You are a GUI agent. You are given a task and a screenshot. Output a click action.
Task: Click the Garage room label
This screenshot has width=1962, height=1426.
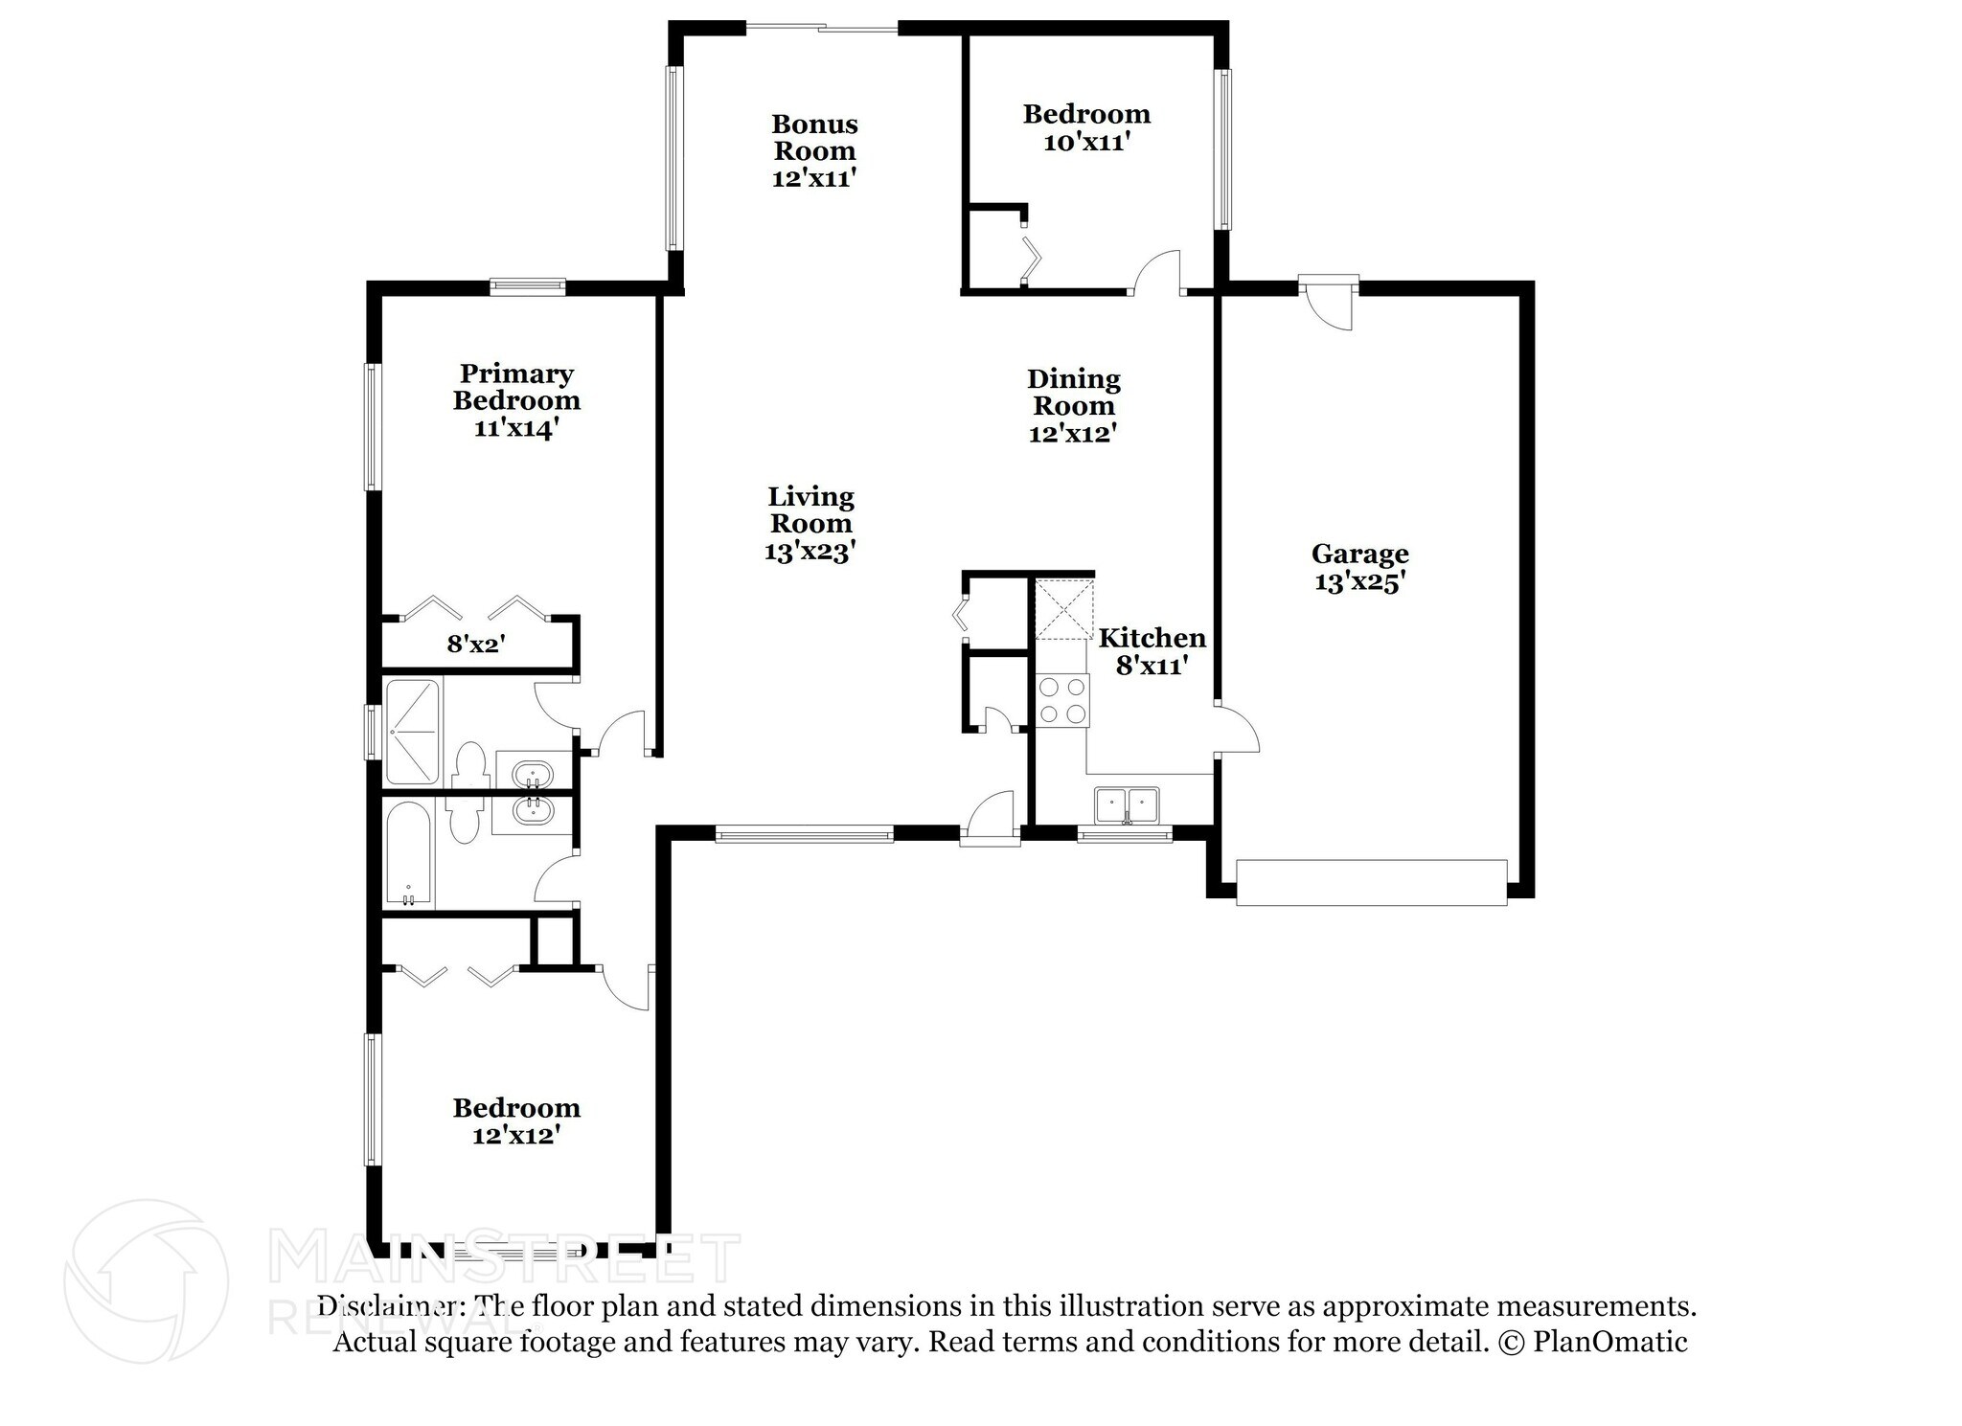coord(1359,567)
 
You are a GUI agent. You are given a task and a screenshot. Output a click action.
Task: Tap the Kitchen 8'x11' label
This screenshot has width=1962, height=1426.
coord(1152,651)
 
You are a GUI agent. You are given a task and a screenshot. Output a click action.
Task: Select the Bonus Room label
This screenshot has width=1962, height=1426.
coord(814,150)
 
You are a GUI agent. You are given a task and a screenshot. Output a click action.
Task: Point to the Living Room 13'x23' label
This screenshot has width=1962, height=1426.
coord(810,523)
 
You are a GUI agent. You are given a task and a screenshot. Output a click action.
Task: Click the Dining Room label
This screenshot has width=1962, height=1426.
coord(1074,405)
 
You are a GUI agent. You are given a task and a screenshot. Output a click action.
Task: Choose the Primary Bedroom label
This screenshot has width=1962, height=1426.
coord(516,400)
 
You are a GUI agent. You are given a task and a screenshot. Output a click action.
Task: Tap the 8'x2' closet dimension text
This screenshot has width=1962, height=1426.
coord(476,644)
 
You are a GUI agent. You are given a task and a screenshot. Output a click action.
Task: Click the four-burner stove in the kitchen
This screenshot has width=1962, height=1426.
coord(1062,700)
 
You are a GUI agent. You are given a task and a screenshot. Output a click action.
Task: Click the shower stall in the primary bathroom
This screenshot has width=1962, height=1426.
coord(412,732)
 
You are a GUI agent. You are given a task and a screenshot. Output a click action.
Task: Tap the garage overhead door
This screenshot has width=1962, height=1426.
coord(1371,882)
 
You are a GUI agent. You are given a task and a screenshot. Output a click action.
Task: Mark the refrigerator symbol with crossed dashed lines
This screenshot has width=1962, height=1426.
coord(1062,609)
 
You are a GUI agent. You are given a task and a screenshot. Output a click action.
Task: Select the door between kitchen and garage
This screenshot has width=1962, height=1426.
coord(1237,729)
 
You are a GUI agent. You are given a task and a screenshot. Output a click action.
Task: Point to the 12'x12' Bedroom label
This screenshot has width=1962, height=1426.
coord(516,1120)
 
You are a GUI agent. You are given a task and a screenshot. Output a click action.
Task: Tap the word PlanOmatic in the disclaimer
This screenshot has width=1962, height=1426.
coord(1610,1342)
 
